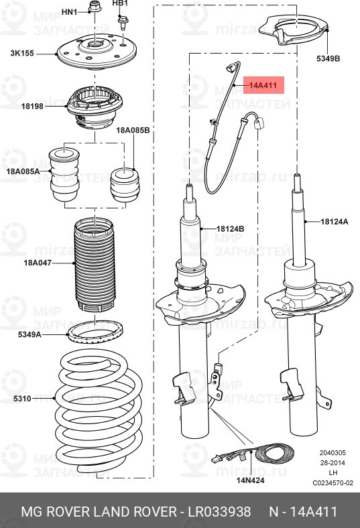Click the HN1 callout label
point(69,12)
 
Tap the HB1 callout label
point(119,3)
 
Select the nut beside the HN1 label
point(93,9)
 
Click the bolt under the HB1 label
point(123,22)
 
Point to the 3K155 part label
point(23,52)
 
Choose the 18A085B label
point(133,129)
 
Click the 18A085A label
point(23,172)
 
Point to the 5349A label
point(29,333)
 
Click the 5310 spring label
point(21,399)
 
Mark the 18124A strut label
point(334,221)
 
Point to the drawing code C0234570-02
point(333,482)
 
